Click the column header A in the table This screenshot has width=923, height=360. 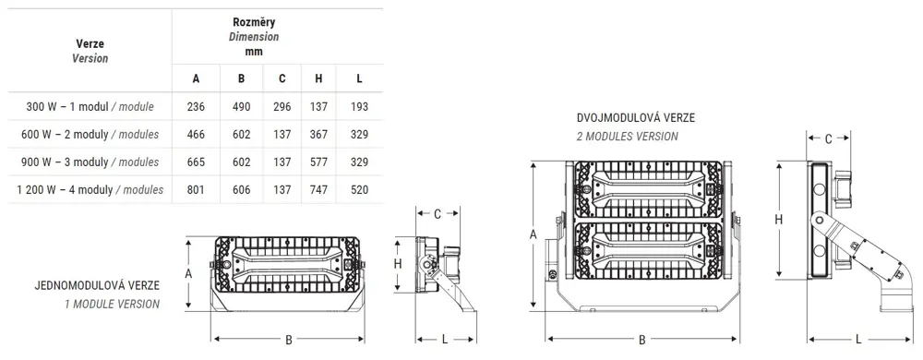(196, 78)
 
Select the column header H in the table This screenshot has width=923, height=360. (318, 78)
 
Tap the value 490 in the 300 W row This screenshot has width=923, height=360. (241, 106)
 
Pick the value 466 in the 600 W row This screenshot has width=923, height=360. (196, 134)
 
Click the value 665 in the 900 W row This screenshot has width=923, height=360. (196, 162)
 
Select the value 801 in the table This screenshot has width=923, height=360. (196, 189)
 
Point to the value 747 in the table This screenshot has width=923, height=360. (318, 189)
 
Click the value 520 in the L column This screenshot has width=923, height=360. (359, 189)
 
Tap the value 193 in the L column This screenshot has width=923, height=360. (359, 106)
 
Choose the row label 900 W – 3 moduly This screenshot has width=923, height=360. (65, 162)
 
